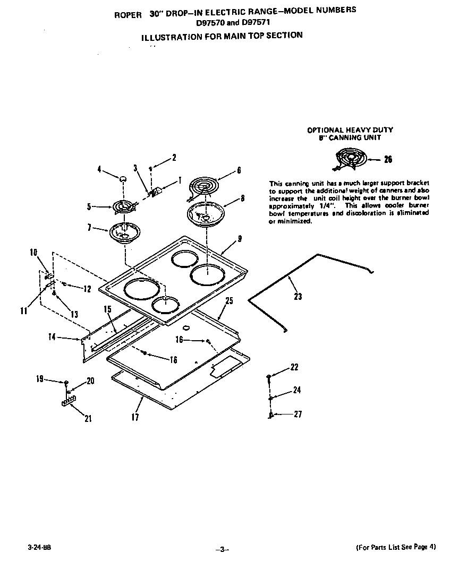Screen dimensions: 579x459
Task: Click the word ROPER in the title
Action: (128, 15)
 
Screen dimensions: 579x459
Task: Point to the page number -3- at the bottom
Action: (223, 549)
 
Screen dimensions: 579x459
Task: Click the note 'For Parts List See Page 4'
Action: (395, 547)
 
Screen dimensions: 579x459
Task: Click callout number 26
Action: (388, 159)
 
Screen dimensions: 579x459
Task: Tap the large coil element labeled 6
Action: (204, 188)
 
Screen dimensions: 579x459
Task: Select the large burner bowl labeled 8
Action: (205, 214)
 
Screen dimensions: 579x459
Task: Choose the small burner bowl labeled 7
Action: (123, 232)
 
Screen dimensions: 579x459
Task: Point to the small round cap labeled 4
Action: (122, 179)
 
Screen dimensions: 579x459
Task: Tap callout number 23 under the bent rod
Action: (297, 296)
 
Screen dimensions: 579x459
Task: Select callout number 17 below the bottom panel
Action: (135, 417)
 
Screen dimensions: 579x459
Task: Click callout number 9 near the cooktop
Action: (240, 239)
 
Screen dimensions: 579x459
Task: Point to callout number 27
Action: (297, 414)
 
